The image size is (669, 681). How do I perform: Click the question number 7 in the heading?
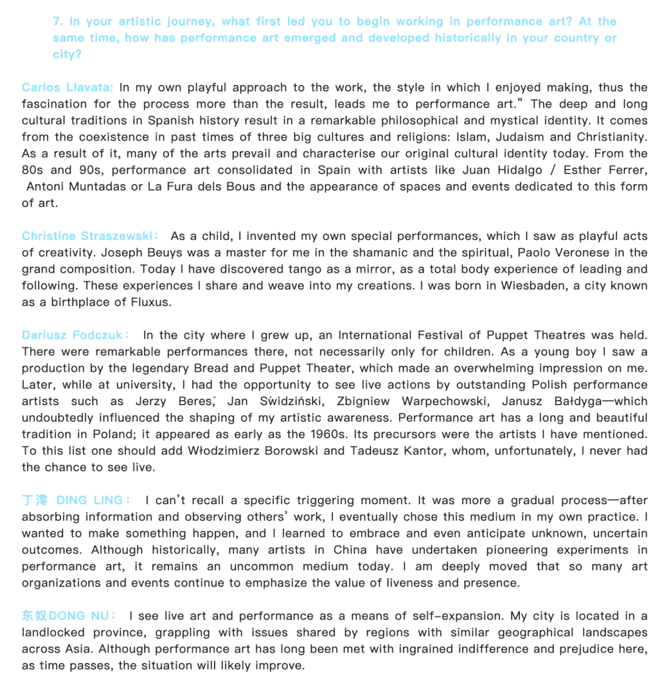click(57, 21)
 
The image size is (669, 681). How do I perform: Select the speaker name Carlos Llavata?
click(67, 87)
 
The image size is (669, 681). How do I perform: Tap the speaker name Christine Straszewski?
click(87, 236)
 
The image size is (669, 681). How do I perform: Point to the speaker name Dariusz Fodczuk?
click(73, 335)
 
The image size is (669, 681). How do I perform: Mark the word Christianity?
click(613, 137)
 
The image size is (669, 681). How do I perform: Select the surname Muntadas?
click(95, 186)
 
